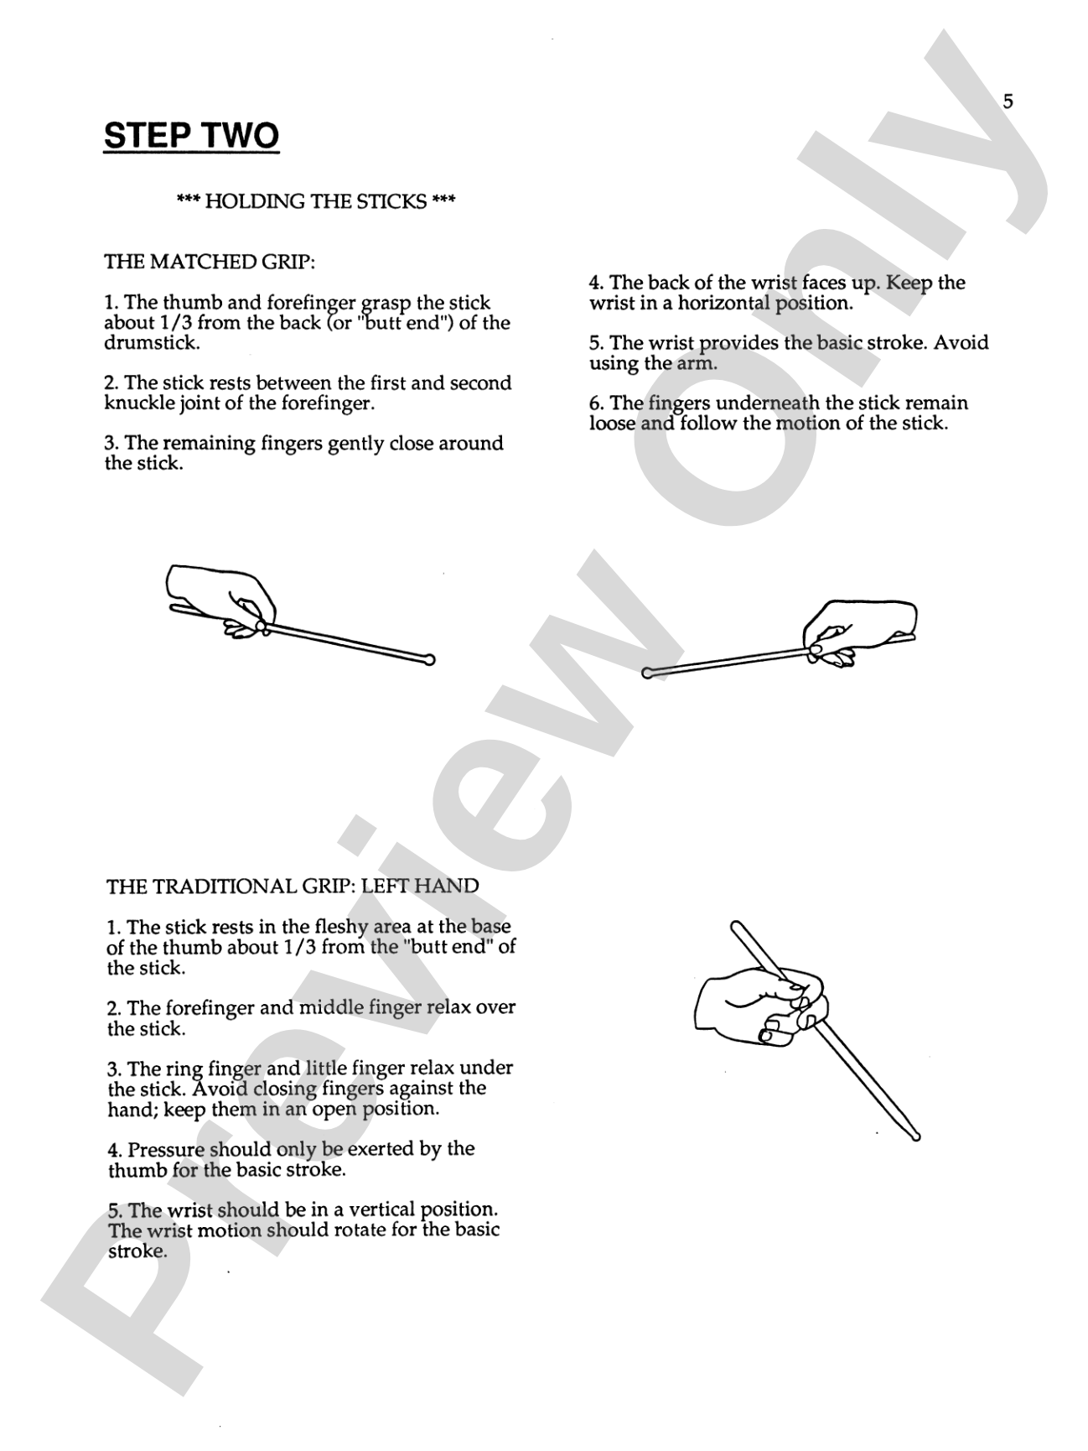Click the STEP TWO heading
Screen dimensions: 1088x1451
pyautogui.click(x=191, y=136)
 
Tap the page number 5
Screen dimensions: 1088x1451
pyautogui.click(x=1008, y=101)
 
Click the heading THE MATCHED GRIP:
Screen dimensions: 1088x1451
pyautogui.click(x=210, y=262)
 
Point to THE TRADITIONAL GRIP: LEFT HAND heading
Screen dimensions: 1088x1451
pyautogui.click(x=293, y=886)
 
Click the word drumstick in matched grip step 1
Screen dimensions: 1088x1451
pyautogui.click(x=152, y=343)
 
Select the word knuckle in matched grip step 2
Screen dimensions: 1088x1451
pyautogui.click(x=139, y=403)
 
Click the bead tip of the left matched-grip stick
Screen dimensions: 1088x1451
pyautogui.click(x=430, y=659)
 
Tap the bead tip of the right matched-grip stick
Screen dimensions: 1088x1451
pyautogui.click(x=647, y=672)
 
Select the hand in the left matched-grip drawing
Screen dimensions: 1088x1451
pyautogui.click(x=221, y=597)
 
